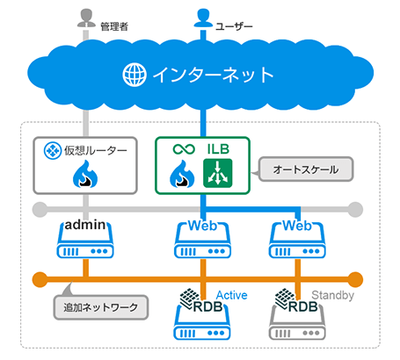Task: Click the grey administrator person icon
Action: (x=86, y=18)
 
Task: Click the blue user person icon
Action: (x=204, y=18)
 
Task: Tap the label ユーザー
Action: (x=236, y=28)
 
